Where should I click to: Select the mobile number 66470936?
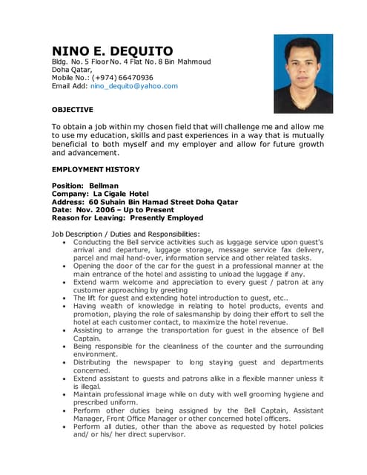(x=136, y=77)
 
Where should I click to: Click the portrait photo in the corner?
(x=303, y=73)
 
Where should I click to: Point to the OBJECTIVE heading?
(x=73, y=110)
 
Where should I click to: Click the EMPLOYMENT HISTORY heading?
(x=96, y=169)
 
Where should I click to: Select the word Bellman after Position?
(x=104, y=186)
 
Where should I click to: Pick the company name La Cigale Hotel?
(x=121, y=194)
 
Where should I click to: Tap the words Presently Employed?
(x=167, y=218)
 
